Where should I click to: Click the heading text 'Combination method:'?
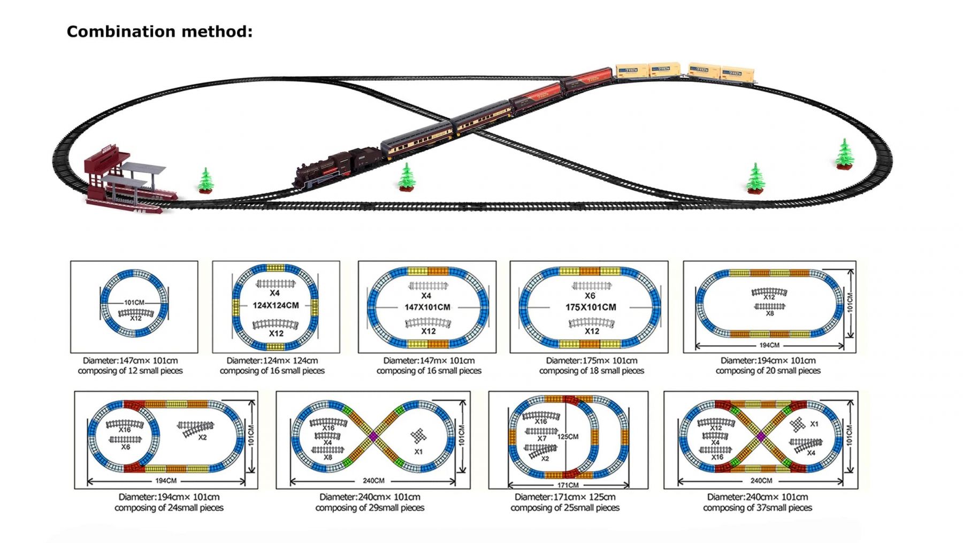pyautogui.click(x=159, y=32)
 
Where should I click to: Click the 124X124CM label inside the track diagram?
pyautogui.click(x=276, y=305)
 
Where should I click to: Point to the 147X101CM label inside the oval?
pyautogui.click(x=427, y=307)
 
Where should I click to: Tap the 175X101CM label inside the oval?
pyautogui.click(x=591, y=307)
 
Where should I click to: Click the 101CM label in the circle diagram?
pyautogui.click(x=134, y=303)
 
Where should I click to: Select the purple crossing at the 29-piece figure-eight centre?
pyautogui.click(x=373, y=437)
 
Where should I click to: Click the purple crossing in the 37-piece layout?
pyautogui.click(x=760, y=437)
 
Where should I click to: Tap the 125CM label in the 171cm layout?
pyautogui.click(x=568, y=436)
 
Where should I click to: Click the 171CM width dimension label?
pyautogui.click(x=568, y=485)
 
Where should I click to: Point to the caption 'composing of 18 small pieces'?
pyautogui.click(x=591, y=371)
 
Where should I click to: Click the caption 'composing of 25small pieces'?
pyautogui.click(x=565, y=508)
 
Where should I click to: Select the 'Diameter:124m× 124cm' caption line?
pyautogui.click(x=272, y=360)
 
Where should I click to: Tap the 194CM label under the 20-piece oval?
pyautogui.click(x=769, y=345)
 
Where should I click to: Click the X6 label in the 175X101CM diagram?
pyautogui.click(x=590, y=296)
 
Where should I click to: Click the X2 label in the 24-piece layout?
pyautogui.click(x=202, y=438)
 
